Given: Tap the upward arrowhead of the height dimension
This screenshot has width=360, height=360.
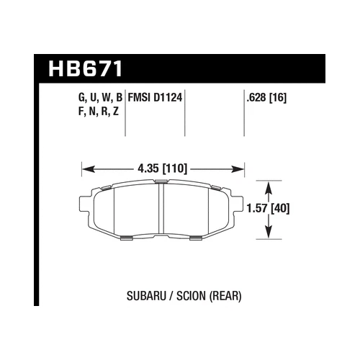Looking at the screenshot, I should (x=268, y=186).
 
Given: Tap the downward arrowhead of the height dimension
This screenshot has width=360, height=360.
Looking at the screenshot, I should (x=268, y=232).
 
